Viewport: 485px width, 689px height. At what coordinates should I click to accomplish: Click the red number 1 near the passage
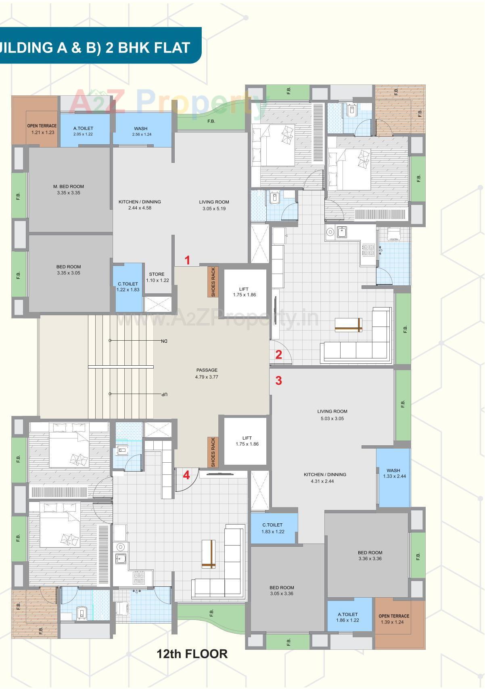point(187,260)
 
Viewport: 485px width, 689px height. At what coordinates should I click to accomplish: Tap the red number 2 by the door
point(278,354)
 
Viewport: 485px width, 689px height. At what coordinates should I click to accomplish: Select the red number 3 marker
point(278,380)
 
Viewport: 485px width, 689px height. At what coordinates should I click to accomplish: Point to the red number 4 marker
point(186,475)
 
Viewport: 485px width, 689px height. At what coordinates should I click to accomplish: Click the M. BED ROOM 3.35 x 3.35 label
point(69,190)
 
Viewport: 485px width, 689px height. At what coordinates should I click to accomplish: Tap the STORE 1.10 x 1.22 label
point(157,277)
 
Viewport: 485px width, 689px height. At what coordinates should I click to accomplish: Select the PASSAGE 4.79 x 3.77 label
point(207,373)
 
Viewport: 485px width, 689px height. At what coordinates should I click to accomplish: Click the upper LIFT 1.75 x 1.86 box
point(244,292)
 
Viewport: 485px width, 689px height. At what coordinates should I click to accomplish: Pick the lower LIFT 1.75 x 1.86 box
point(247,441)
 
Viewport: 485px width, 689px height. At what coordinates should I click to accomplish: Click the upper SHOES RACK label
point(213,282)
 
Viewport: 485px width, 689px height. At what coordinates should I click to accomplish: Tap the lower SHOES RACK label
point(213,452)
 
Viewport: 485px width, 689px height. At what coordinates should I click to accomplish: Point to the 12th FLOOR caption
point(192,653)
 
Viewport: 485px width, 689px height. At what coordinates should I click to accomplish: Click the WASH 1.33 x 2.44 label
point(393,473)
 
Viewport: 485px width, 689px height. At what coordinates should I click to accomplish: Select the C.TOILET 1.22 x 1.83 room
point(128,287)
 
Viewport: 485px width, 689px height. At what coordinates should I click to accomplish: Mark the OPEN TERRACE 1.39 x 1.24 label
point(394,619)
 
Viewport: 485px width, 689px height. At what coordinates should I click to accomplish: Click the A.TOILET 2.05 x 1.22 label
point(83,131)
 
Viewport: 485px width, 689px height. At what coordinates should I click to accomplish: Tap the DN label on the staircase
point(164,341)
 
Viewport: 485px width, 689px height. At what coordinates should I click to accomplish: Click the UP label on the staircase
point(164,394)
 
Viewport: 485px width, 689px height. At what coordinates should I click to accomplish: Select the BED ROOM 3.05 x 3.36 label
point(282,590)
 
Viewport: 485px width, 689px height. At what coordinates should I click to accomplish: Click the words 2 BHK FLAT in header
point(148,48)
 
